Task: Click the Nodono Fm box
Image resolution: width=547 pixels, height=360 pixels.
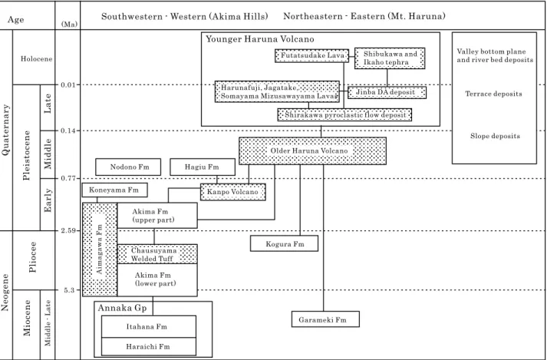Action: click(128, 167)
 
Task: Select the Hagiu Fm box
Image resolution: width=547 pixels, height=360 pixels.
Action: click(203, 167)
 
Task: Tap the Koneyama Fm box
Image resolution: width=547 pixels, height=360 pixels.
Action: click(114, 190)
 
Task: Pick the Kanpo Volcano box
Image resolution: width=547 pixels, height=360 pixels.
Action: click(232, 192)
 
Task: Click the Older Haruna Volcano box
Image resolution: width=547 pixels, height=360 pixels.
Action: click(312, 151)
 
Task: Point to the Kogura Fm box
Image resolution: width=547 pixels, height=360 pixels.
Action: click(284, 243)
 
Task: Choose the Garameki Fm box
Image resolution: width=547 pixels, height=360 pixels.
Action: click(325, 319)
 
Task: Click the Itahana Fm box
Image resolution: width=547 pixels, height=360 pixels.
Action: click(149, 326)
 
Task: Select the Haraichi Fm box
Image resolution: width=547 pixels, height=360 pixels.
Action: click(149, 346)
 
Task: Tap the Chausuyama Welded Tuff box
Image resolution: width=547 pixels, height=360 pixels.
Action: click(157, 254)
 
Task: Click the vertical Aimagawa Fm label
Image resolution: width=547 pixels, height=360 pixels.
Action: click(100, 249)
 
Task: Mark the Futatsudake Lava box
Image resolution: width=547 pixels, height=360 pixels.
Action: click(311, 55)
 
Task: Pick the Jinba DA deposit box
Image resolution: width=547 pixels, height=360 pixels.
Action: click(387, 92)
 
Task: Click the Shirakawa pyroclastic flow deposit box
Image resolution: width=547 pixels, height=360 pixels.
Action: click(344, 115)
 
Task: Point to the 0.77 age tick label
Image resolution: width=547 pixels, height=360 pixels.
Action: click(68, 178)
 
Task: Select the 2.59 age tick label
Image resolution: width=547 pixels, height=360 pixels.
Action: click(68, 230)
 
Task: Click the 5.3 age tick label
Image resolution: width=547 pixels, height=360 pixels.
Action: click(69, 290)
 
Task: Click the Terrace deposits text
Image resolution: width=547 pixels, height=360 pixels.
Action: click(493, 94)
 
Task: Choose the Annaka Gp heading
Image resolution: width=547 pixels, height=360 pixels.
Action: click(123, 308)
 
